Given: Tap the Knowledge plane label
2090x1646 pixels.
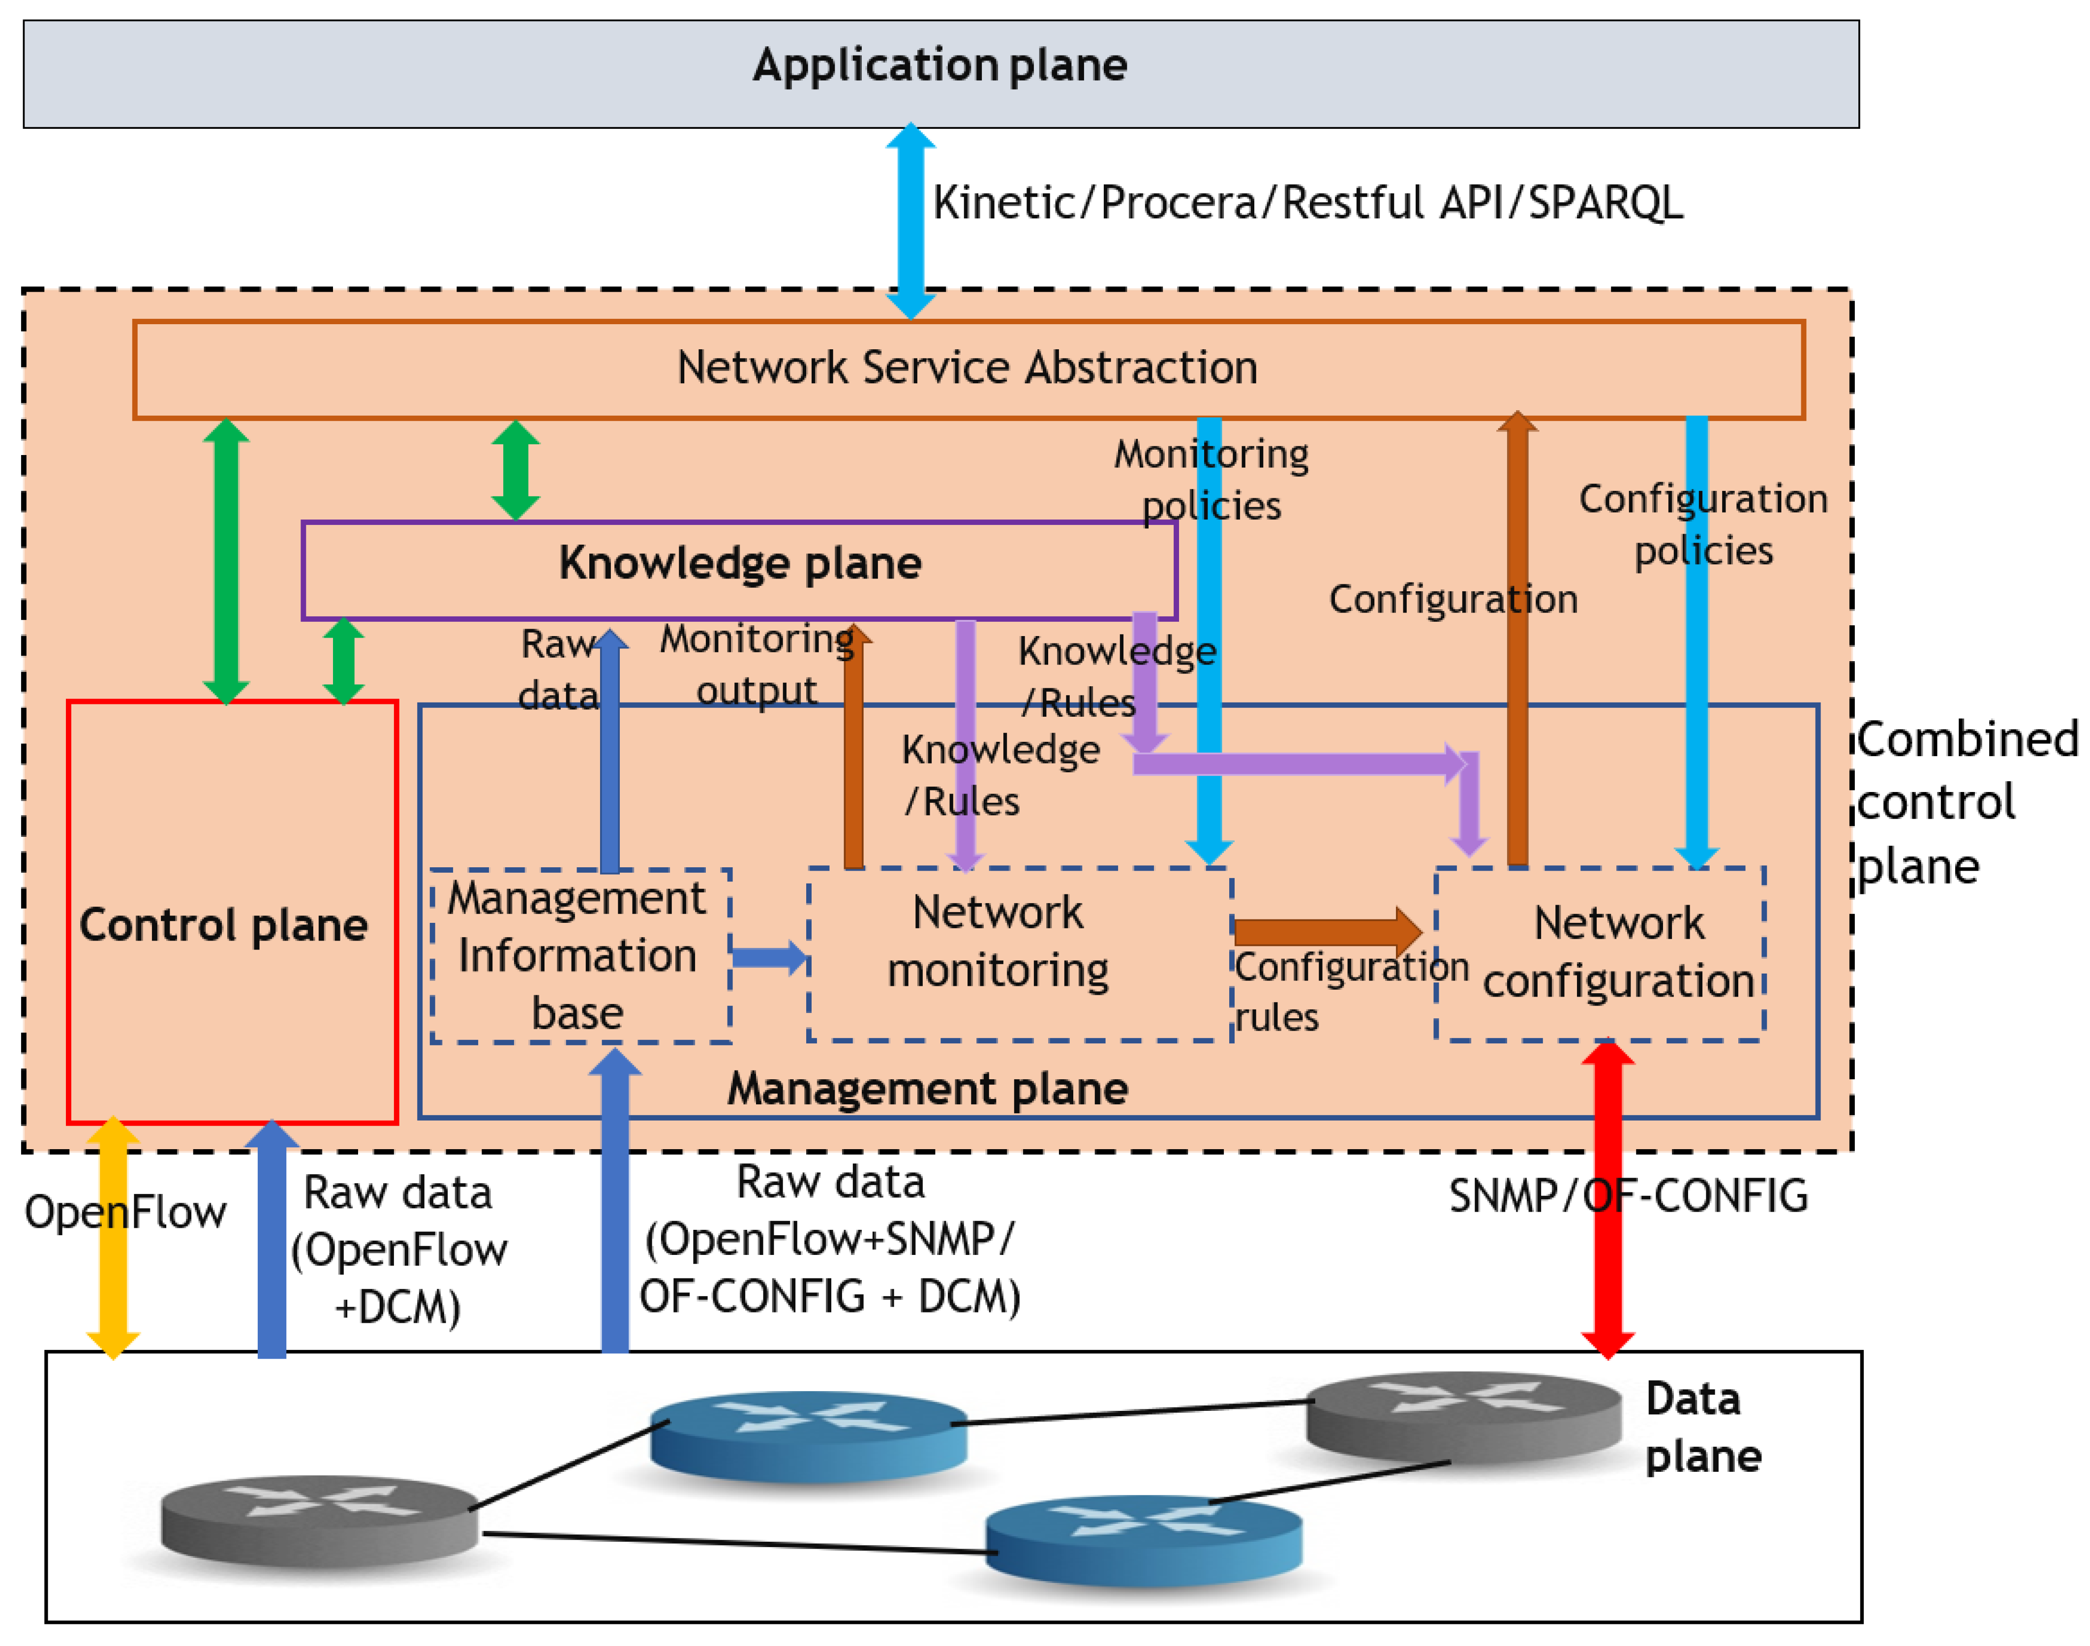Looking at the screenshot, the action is pyautogui.click(x=740, y=563).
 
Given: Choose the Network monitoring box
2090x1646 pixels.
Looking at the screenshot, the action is pyautogui.click(x=1020, y=954).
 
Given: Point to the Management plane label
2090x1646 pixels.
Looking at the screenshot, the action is pyautogui.click(x=927, y=1089).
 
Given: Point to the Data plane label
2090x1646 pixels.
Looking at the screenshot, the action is pyautogui.click(x=1702, y=1427).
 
